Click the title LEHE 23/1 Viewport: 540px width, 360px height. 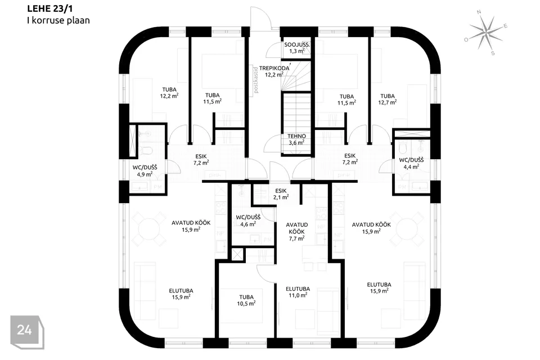[49, 8]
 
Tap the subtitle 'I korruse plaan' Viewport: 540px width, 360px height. [58, 20]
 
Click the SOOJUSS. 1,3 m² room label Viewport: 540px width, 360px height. [297, 48]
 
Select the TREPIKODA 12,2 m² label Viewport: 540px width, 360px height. [274, 71]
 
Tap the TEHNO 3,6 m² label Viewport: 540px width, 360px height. [296, 139]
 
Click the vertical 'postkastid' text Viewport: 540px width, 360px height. [256, 80]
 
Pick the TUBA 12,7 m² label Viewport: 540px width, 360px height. [388, 99]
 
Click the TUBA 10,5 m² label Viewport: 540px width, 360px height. [246, 300]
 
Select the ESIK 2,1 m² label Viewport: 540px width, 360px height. [281, 194]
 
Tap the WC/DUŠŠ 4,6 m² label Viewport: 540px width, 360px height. [248, 221]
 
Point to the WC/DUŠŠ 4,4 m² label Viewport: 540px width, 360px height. [411, 163]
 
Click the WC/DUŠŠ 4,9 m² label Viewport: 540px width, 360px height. [145, 171]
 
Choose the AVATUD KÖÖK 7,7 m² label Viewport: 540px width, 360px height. [297, 232]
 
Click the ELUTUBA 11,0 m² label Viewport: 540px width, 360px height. [298, 292]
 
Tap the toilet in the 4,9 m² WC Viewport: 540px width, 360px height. [147, 151]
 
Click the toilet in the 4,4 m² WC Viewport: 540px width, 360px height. [403, 148]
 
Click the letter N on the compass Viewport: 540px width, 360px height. [479, 12]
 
